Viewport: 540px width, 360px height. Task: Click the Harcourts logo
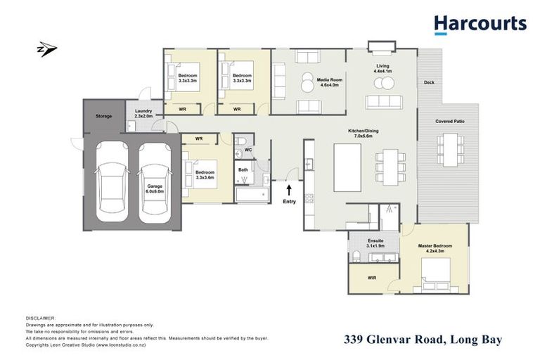tap(480, 25)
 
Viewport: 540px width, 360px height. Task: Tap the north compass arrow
tap(47, 51)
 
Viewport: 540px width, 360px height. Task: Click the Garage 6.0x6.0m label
tap(154, 188)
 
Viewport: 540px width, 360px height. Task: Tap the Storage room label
tap(104, 116)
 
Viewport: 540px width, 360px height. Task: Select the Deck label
tap(429, 82)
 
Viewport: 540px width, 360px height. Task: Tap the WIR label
tap(371, 278)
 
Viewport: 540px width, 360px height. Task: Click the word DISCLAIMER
tap(39, 319)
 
